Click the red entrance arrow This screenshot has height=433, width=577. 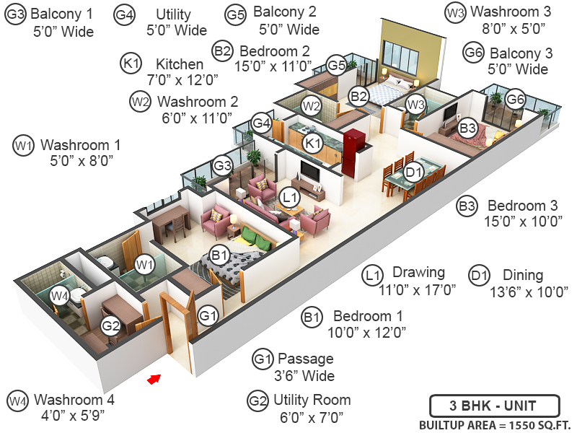pyautogui.click(x=152, y=379)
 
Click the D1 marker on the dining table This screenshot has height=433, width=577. pyautogui.click(x=413, y=172)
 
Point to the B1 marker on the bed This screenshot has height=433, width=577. pyautogui.click(x=219, y=254)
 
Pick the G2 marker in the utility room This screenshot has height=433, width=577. pyautogui.click(x=110, y=325)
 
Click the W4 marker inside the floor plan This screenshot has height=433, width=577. pyautogui.click(x=61, y=294)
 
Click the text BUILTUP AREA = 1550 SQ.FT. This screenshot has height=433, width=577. pyautogui.click(x=494, y=424)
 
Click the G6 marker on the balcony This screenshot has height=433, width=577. pyautogui.click(x=514, y=99)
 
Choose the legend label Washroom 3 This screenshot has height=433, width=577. pyautogui.click(x=506, y=12)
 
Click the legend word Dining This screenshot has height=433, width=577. pyautogui.click(x=522, y=275)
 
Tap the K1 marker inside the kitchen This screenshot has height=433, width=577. pyautogui.click(x=312, y=143)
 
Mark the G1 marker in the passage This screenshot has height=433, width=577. pyautogui.click(x=208, y=315)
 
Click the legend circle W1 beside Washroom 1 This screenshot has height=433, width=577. pyautogui.click(x=24, y=146)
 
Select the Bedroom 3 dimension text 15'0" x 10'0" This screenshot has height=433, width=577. pyautogui.click(x=523, y=222)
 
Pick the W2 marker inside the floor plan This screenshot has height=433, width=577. pyautogui.click(x=312, y=106)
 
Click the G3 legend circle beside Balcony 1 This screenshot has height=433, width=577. pyautogui.click(x=15, y=15)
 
